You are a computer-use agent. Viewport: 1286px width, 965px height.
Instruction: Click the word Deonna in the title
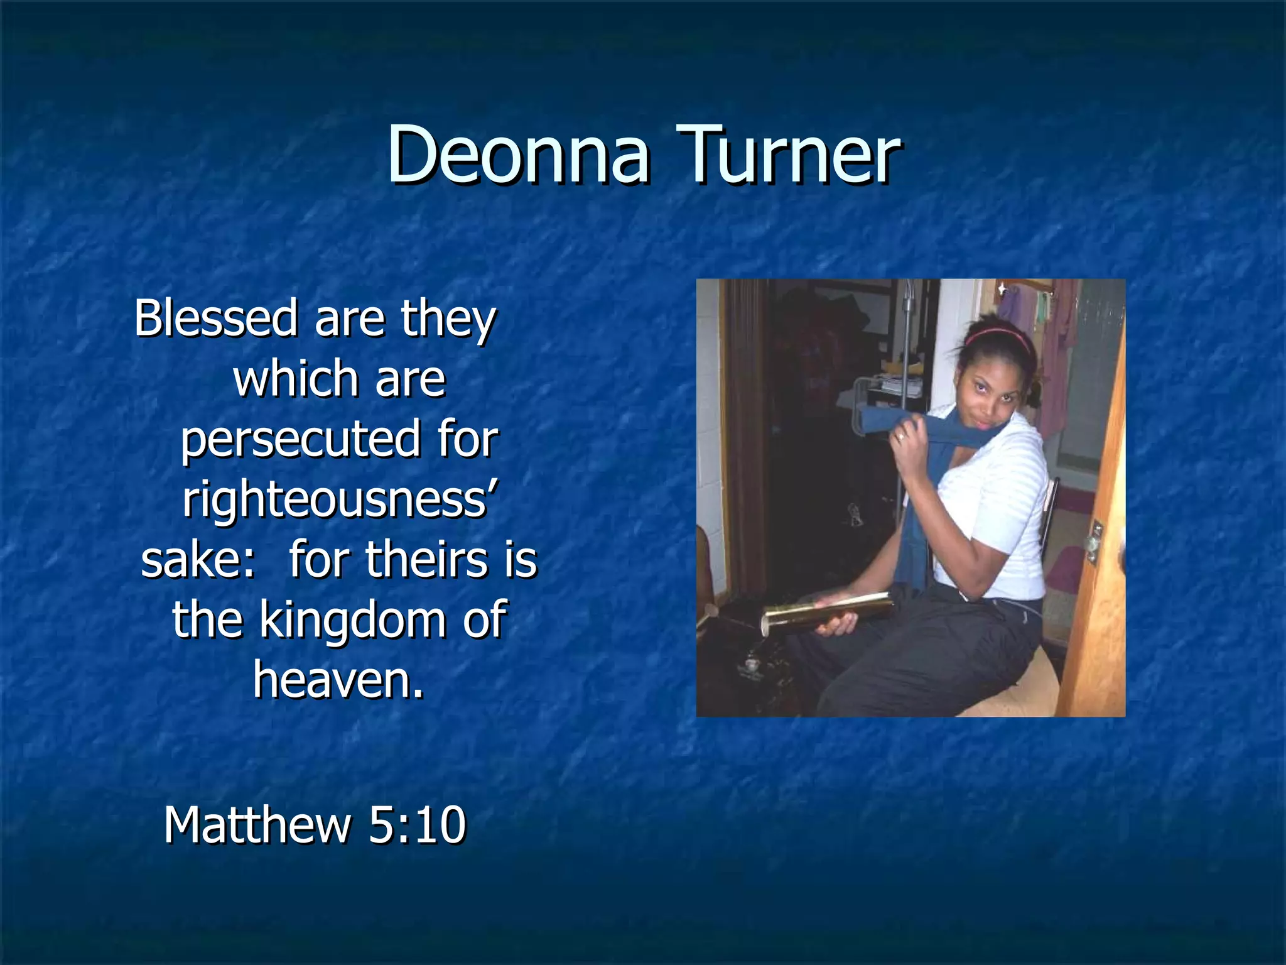point(519,155)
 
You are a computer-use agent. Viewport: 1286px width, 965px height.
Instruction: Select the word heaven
point(338,680)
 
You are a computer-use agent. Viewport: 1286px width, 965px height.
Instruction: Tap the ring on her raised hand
point(901,437)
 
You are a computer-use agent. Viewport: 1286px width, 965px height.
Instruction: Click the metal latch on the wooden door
point(1094,540)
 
